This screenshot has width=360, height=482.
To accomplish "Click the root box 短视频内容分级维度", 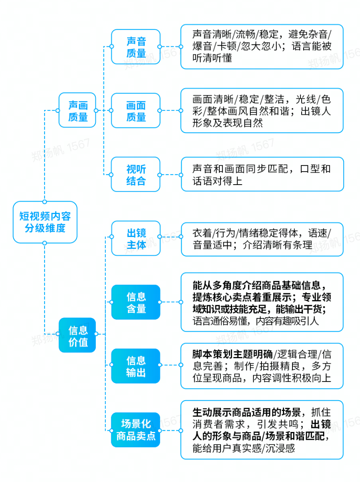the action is coord(45,222).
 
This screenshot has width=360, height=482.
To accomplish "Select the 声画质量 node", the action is coord(77,110).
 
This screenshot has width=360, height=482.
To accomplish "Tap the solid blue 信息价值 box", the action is coord(77,335).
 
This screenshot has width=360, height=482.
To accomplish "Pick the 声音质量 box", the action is coord(135,47).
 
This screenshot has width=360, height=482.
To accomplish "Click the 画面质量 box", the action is coord(135,110).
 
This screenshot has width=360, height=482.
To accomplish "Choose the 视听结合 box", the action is coord(135,174).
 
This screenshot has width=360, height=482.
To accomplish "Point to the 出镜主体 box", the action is coord(135,238).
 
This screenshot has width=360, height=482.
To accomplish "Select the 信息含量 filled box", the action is coord(135,302).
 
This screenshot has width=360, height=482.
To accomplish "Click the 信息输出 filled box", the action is coord(135,366).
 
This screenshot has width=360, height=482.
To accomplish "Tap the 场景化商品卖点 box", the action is coord(135,430).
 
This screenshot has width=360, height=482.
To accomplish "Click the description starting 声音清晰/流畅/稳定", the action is coord(262,47).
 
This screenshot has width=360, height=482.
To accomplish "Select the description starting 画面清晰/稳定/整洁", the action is coord(262,110).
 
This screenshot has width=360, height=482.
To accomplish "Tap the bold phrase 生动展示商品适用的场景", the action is coord(247,413).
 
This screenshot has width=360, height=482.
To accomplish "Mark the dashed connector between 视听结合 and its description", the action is coord(170,175).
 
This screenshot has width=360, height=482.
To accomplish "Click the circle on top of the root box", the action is coord(45,202).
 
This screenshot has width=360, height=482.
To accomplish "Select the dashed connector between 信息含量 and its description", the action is coord(170,302).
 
